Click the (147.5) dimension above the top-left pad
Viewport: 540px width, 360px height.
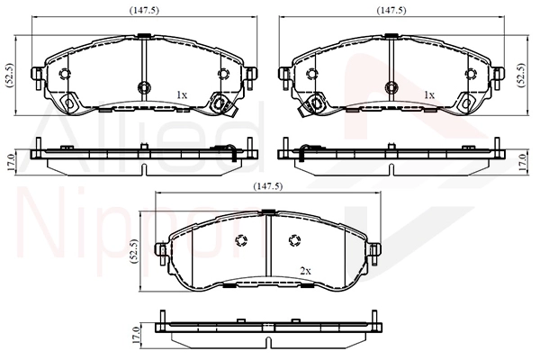(144, 11)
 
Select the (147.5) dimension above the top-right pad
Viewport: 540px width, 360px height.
(391, 11)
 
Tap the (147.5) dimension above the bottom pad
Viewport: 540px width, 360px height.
(268, 186)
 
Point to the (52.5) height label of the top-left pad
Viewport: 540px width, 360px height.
(10, 75)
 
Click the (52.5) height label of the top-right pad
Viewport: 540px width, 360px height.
(523, 75)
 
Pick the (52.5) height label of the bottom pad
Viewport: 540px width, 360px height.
(134, 252)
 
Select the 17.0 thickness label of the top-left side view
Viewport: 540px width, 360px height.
(10, 163)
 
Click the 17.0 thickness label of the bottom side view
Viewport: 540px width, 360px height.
(136, 336)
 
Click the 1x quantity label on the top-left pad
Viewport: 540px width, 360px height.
(182, 94)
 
